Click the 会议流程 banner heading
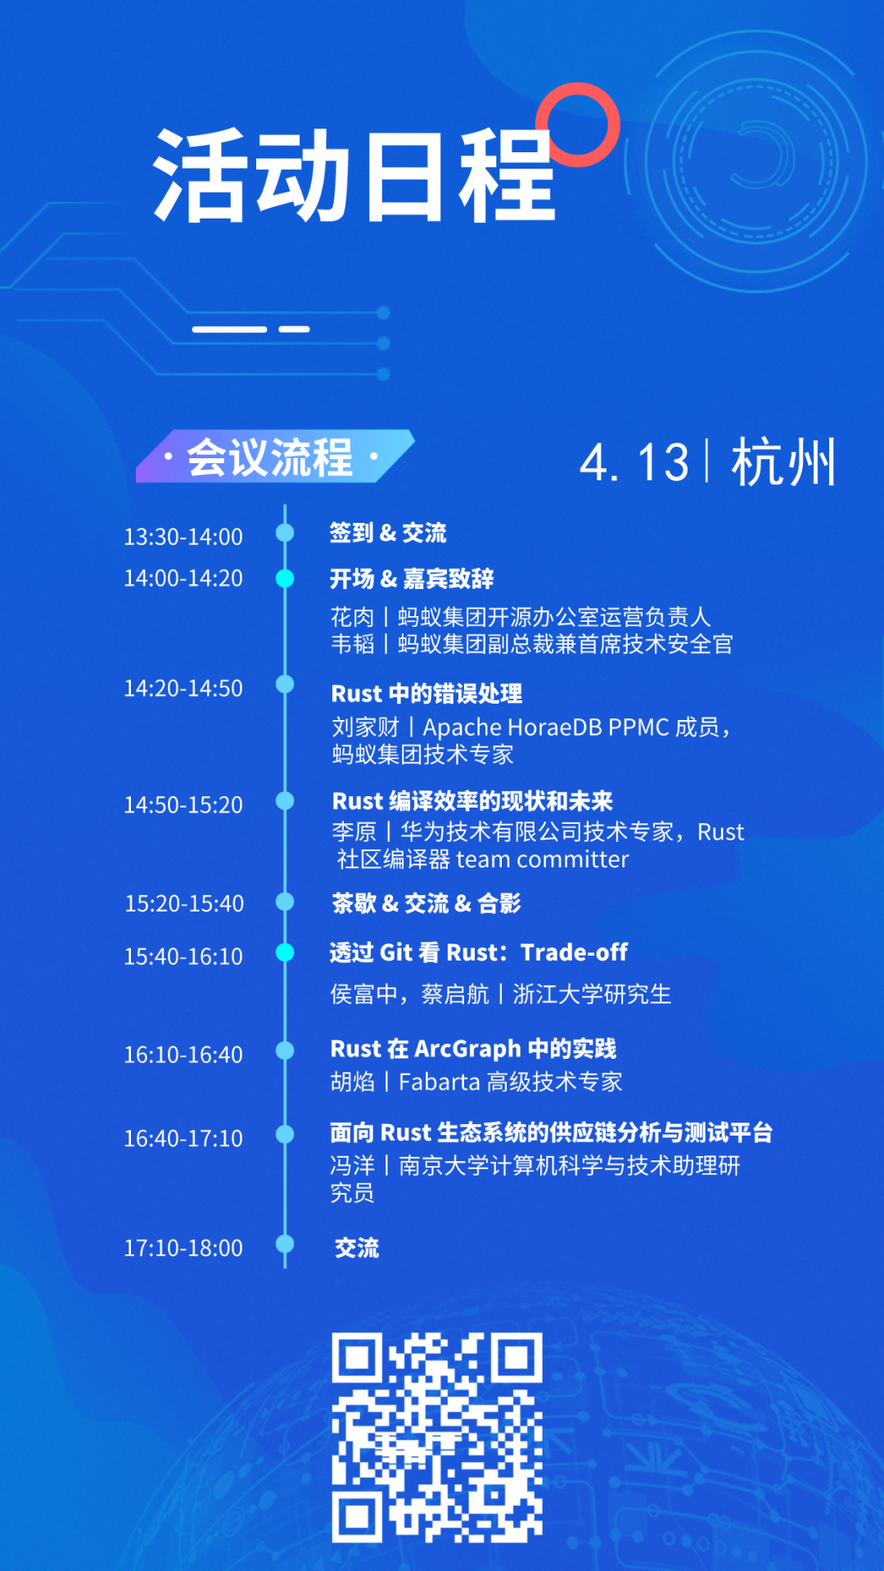click(270, 457)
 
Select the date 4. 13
click(634, 462)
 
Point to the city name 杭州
click(783, 462)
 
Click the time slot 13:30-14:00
click(183, 537)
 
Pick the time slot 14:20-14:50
click(183, 688)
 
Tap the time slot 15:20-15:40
click(184, 903)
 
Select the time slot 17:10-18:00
click(183, 1248)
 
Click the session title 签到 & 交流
click(388, 533)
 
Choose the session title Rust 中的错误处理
click(426, 694)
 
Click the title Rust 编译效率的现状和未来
click(472, 801)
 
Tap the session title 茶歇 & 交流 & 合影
click(426, 903)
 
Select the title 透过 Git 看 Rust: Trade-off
click(479, 952)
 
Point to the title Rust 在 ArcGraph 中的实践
click(473, 1048)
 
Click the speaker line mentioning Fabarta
click(476, 1082)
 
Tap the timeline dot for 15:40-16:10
click(285, 952)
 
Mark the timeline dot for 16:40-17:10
click(285, 1134)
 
